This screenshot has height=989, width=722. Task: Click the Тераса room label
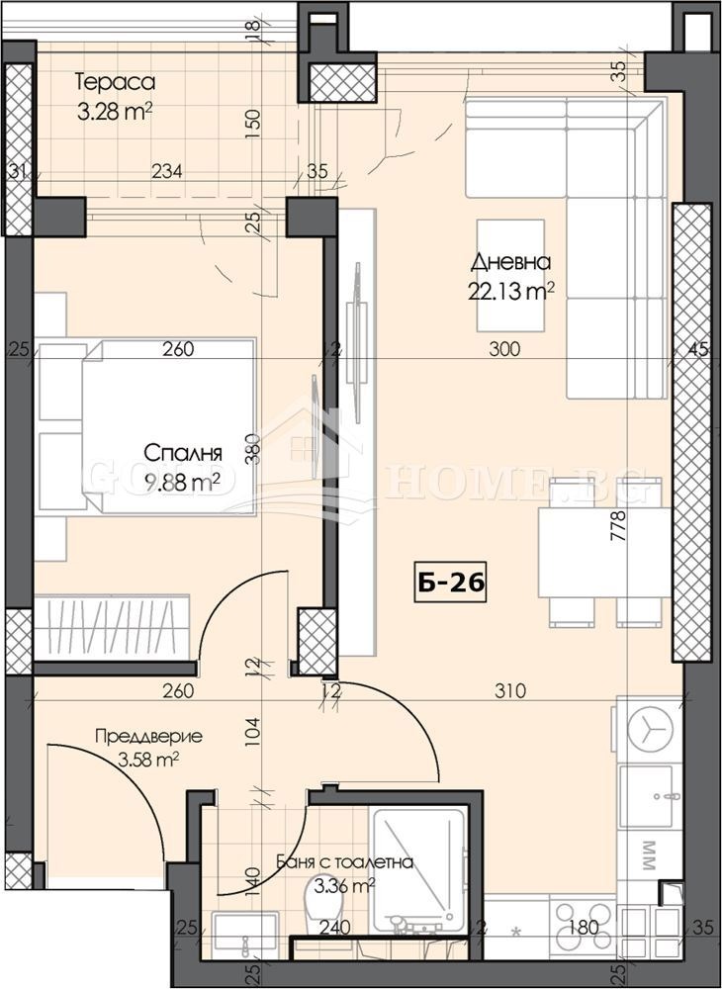pos(116,82)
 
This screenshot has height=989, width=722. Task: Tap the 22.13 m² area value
pos(510,290)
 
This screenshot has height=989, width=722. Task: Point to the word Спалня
pos(182,454)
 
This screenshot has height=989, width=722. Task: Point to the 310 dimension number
pos(504,691)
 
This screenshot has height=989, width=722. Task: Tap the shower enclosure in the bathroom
pos(417,865)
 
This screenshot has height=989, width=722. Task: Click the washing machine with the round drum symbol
pos(648,731)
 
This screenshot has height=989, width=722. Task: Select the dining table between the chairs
pos(591,552)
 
